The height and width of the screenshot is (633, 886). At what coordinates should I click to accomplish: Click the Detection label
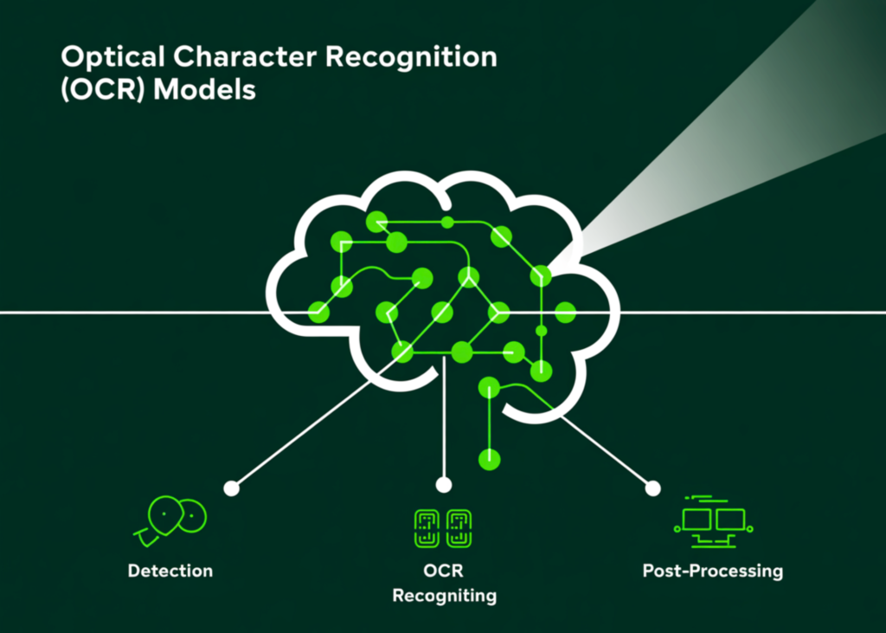point(170,571)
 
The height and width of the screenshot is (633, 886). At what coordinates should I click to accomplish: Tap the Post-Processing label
point(712,571)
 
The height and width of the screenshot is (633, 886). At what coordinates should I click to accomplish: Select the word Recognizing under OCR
point(444,596)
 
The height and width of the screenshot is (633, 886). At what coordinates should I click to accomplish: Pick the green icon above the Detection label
point(172,519)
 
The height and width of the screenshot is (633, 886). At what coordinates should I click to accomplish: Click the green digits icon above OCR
point(444,527)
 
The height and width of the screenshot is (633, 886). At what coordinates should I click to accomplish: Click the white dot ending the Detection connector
point(231,488)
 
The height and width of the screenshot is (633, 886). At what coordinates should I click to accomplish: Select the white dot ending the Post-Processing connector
point(653,488)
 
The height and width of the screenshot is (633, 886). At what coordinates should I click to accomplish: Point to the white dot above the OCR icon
point(444,485)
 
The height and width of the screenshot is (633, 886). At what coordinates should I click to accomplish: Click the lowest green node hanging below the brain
point(490,458)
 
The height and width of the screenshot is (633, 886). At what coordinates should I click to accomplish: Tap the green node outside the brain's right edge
point(565,313)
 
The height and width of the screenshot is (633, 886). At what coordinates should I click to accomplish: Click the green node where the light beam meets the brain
point(541,276)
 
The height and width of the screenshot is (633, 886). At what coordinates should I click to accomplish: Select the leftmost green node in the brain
point(318,313)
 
